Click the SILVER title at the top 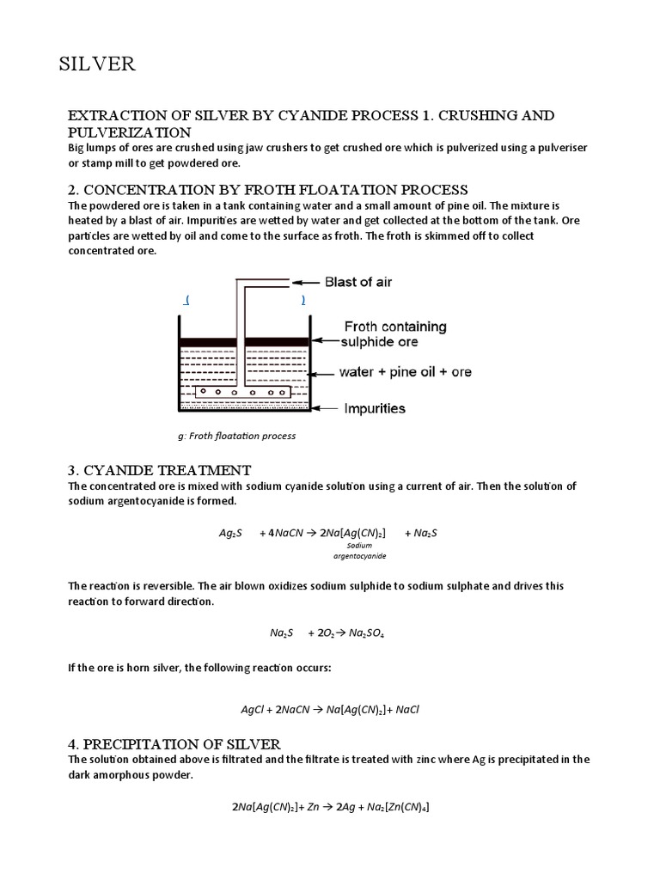pyautogui.click(x=96, y=64)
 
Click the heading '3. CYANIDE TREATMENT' pyautogui.click(x=160, y=470)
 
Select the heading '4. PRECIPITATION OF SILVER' pyautogui.click(x=174, y=743)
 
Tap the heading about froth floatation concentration pyautogui.click(x=268, y=189)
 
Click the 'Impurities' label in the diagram pyautogui.click(x=375, y=409)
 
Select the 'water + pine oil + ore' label pyautogui.click(x=407, y=372)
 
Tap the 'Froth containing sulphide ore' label pyautogui.click(x=394, y=333)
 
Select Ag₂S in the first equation pyautogui.click(x=230, y=533)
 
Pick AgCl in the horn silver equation pyautogui.click(x=254, y=710)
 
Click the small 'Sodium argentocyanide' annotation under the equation pyautogui.click(x=359, y=550)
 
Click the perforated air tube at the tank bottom pyautogui.click(x=241, y=393)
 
